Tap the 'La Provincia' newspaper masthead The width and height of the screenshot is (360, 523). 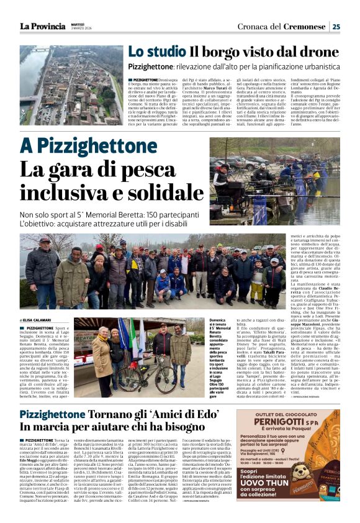coord(42,26)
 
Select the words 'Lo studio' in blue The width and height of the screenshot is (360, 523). coord(156,52)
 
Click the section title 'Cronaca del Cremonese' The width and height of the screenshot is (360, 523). coord(290,26)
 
